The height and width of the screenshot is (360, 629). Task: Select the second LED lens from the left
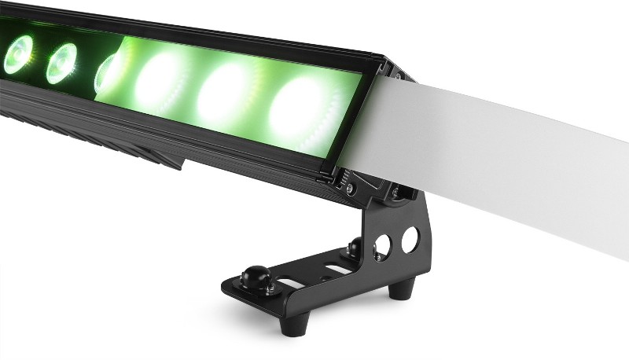coord(61,63)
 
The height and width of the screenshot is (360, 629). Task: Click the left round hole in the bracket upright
coord(382,246)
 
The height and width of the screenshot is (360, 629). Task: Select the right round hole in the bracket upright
coord(410,239)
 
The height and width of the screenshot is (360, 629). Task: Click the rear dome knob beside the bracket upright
coord(355,248)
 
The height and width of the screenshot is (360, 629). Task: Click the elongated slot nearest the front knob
coord(292,283)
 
